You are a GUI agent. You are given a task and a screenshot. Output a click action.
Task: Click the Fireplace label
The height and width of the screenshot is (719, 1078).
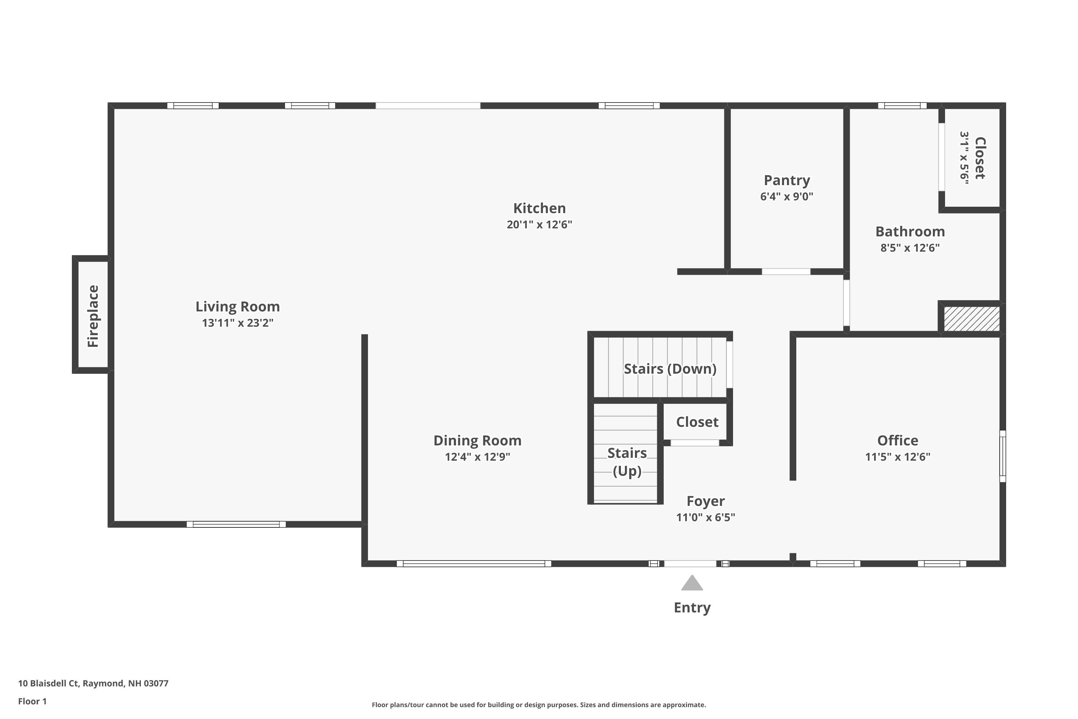[93, 316]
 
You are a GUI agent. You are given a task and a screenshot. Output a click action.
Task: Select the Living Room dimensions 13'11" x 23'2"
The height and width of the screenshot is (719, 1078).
[238, 323]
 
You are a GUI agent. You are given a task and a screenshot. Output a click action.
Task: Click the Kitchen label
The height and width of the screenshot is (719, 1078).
[539, 208]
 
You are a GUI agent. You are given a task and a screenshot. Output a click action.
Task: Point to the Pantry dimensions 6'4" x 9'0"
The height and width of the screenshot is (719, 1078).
[787, 197]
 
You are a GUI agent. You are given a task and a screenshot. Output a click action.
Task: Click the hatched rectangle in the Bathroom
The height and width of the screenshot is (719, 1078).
[971, 319]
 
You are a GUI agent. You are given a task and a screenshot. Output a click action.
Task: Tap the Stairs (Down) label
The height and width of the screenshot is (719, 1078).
[670, 369]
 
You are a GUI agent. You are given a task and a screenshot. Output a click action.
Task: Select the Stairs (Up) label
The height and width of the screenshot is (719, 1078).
[627, 462]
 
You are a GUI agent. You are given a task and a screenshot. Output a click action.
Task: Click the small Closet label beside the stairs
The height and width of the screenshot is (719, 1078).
[697, 422]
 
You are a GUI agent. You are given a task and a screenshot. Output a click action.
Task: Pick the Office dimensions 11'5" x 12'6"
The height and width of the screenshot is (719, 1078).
[897, 457]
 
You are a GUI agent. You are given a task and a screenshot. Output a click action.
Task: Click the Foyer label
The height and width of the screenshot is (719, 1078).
[705, 501]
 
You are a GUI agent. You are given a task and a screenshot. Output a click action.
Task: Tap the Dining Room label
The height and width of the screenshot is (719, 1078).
[477, 441]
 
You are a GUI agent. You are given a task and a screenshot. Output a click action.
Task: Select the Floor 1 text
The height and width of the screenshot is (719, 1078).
[32, 701]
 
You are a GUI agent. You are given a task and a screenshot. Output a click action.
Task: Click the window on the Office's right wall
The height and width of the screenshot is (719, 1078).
[1003, 456]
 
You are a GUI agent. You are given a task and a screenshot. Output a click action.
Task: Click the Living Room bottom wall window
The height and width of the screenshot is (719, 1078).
[236, 524]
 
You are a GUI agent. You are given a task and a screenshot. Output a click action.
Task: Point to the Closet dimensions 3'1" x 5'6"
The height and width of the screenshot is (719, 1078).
[964, 158]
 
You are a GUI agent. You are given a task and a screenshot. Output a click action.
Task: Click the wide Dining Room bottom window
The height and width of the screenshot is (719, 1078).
[474, 564]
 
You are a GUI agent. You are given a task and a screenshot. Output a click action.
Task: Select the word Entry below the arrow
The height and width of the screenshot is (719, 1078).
[692, 608]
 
